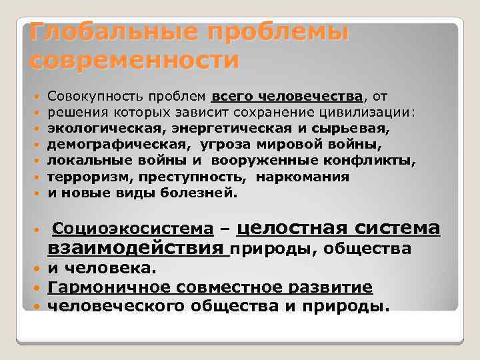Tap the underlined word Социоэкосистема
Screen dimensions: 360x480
(133, 230)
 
